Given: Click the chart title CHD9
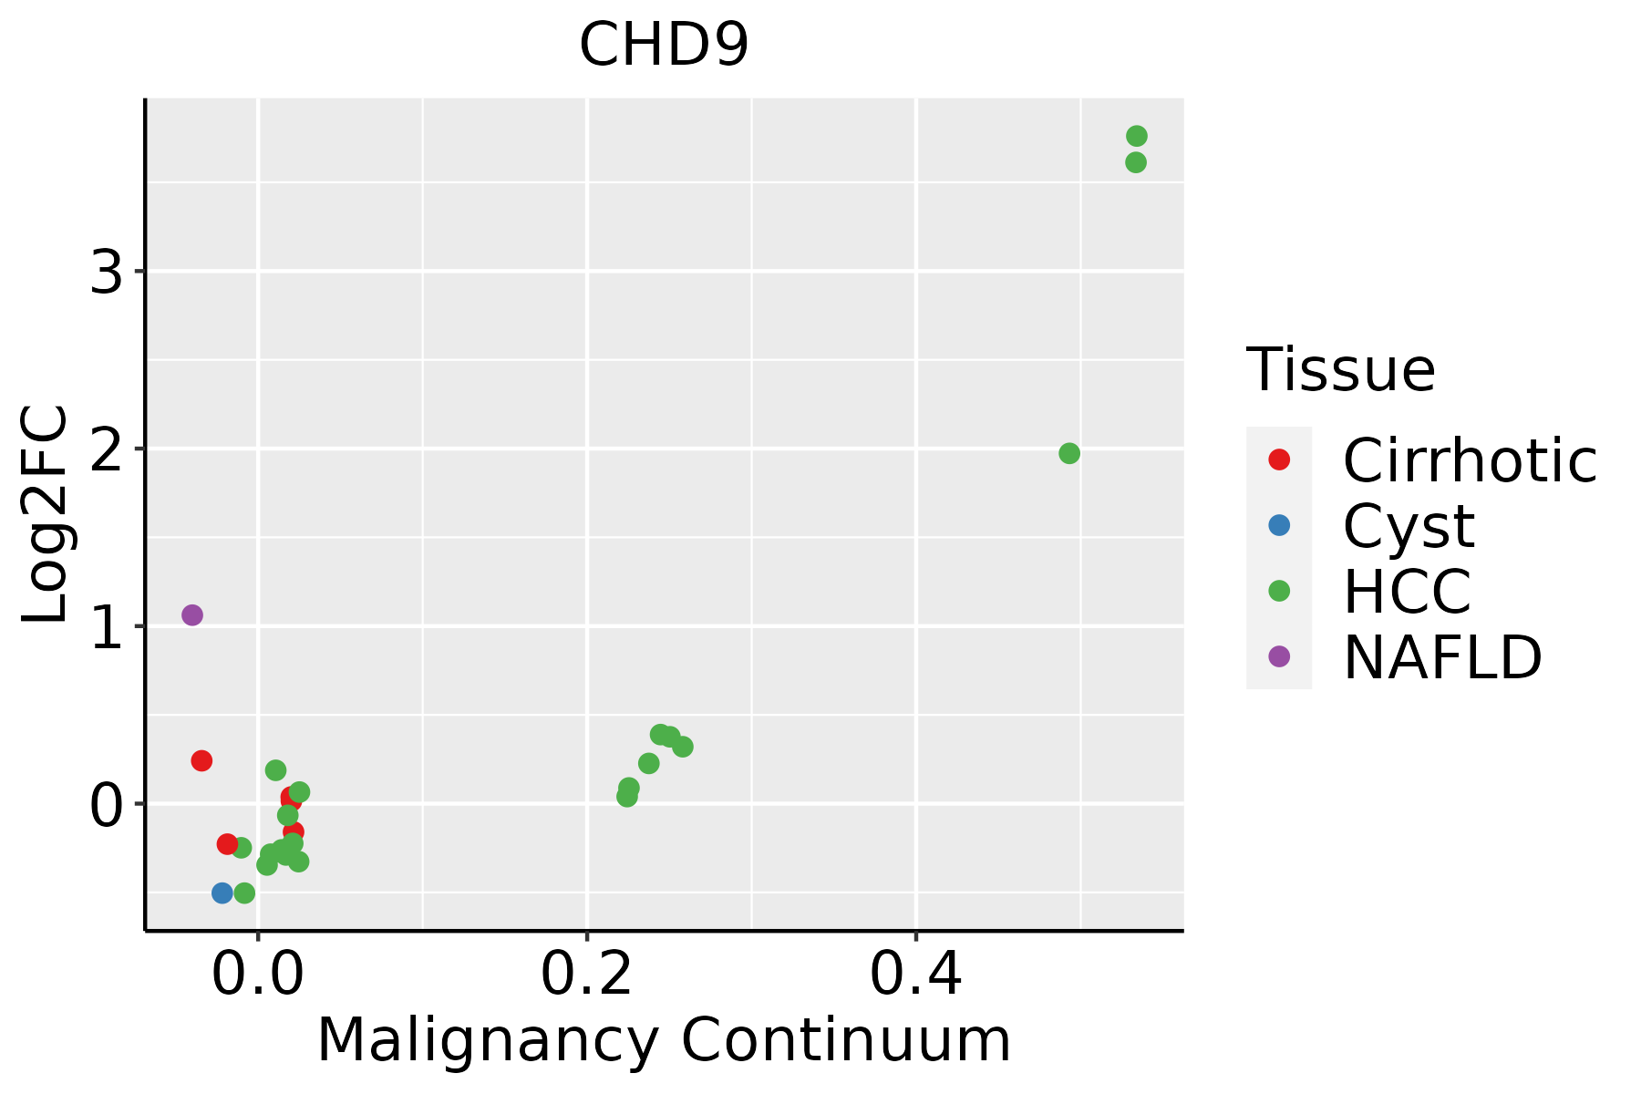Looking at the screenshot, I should (664, 46).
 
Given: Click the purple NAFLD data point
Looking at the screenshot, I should (192, 615).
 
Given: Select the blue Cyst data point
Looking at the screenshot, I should (222, 893).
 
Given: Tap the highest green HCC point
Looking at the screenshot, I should (1136, 136).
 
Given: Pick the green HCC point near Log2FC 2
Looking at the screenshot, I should (1069, 453).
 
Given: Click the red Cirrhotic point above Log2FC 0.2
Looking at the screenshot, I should (201, 760).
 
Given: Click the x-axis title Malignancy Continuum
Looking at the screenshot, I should (664, 1040).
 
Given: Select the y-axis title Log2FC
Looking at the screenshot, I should (46, 514).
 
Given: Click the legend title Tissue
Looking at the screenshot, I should (1340, 370).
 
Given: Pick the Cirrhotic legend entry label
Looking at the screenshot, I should (1470, 460).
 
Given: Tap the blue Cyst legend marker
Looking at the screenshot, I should (1279, 525).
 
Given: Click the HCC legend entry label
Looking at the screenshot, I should (1407, 592).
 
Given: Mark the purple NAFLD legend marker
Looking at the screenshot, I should (1279, 655).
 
